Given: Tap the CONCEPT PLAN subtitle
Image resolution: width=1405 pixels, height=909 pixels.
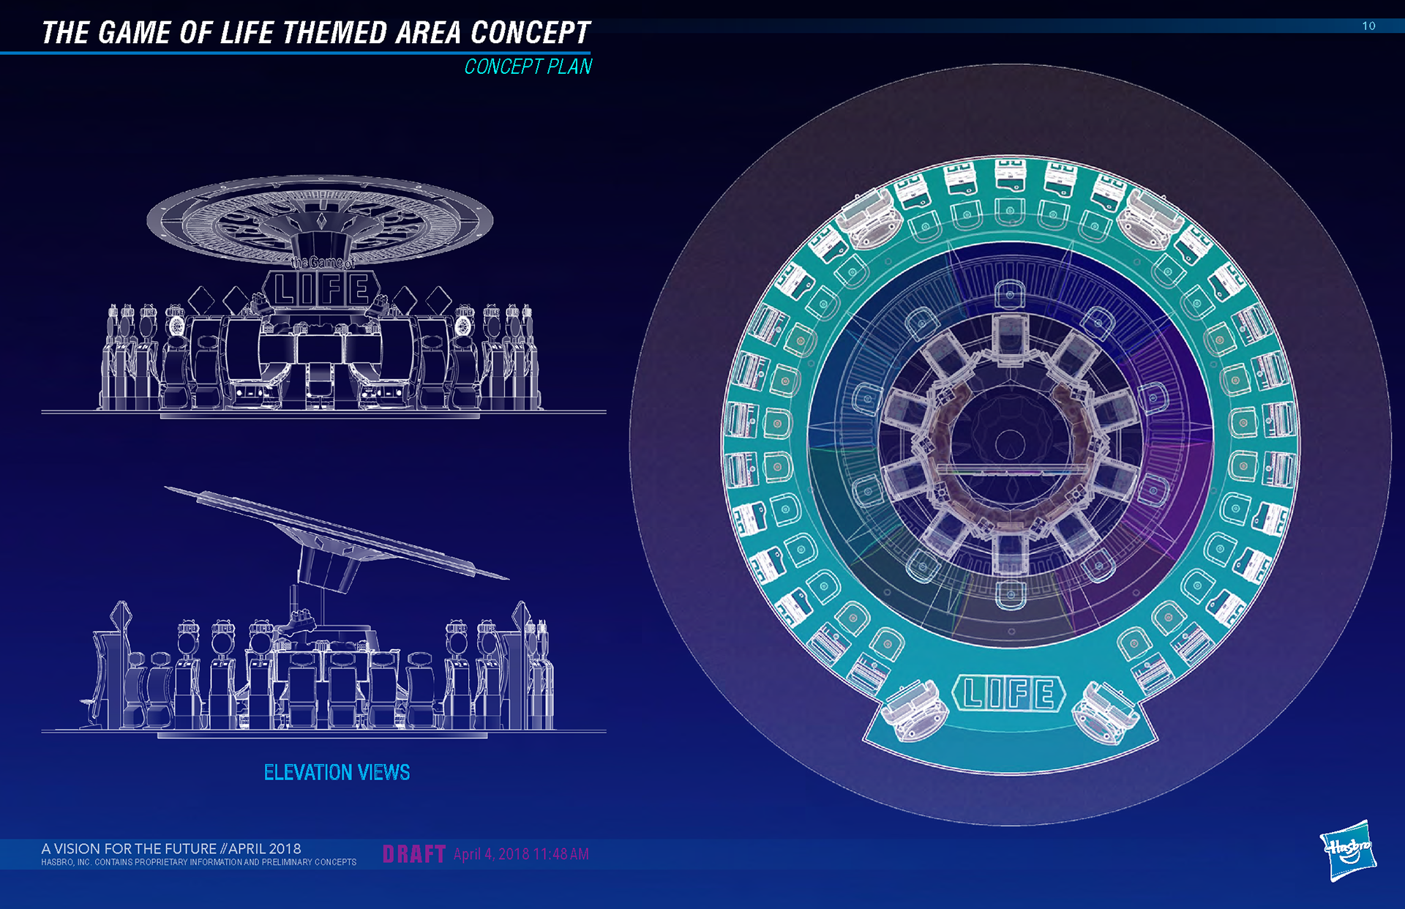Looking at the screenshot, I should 528,67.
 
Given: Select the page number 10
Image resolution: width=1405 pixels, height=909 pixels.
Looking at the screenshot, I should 1368,26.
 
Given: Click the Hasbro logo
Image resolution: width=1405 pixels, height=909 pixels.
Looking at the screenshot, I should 1348,850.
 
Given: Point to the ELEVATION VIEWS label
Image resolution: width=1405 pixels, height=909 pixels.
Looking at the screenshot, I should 337,772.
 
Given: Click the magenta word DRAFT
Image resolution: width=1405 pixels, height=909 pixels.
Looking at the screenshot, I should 414,854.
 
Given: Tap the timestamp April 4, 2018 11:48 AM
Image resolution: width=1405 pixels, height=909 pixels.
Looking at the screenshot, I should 521,854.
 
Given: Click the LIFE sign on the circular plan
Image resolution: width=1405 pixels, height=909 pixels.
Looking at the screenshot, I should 1009,694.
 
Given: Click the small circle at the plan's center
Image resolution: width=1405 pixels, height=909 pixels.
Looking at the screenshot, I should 1010,444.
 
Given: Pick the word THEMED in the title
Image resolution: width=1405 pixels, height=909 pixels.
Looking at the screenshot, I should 335,33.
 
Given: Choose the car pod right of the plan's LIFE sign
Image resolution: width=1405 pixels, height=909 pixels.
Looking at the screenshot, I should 1105,710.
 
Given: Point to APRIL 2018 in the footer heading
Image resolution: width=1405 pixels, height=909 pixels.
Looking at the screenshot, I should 264,849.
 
